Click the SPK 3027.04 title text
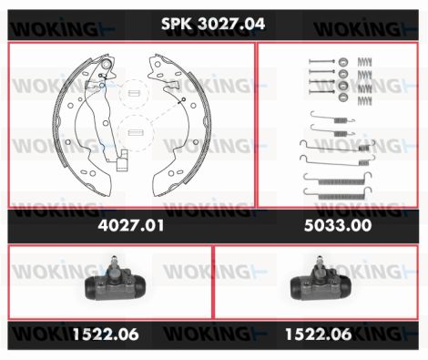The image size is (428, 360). [213, 24]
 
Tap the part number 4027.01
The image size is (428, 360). [131, 226]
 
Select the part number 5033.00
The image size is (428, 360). [338, 226]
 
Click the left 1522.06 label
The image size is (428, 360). [106, 334]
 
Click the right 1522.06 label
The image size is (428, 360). [319, 334]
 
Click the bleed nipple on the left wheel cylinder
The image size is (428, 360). [114, 262]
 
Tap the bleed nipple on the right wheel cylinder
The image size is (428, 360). [319, 262]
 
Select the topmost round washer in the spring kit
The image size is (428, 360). [343, 62]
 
